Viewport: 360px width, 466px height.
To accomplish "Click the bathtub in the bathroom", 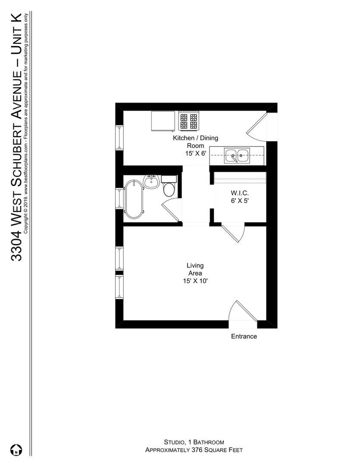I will (x=134, y=199).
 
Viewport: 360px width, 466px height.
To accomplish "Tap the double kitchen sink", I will (x=237, y=155).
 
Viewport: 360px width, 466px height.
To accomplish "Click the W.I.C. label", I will (x=240, y=193).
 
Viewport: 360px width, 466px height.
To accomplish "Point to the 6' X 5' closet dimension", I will (x=240, y=201).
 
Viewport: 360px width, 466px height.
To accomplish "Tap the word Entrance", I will (x=244, y=337).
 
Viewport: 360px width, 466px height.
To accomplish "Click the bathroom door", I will (x=171, y=211).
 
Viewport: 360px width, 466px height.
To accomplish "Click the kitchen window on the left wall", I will (x=119, y=137).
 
